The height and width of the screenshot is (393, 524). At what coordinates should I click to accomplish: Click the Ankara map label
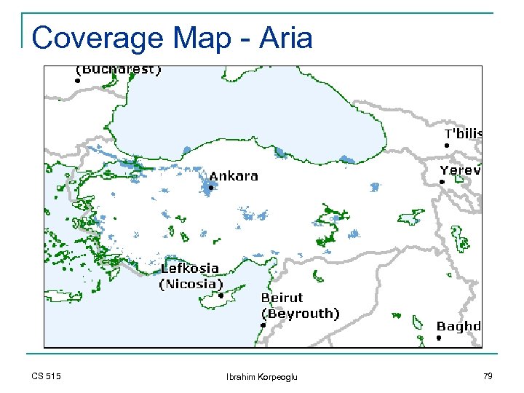tap(234, 176)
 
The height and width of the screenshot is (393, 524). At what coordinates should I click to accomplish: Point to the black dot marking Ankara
tap(210, 188)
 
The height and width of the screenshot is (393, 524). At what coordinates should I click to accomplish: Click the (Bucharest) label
tap(119, 71)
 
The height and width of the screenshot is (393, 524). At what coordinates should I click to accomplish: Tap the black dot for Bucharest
tap(76, 82)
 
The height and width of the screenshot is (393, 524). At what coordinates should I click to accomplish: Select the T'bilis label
tap(463, 134)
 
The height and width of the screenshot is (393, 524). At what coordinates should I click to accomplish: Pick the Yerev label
tap(460, 170)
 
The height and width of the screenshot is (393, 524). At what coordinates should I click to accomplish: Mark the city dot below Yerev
tap(442, 182)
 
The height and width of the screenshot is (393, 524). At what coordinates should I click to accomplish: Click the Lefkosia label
tap(189, 269)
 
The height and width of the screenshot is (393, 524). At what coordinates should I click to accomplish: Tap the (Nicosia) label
tap(191, 284)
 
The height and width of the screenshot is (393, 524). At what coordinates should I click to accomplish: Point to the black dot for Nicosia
tap(221, 295)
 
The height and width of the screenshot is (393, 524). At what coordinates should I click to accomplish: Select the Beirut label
tap(282, 298)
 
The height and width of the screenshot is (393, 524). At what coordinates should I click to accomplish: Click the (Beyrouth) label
tap(300, 314)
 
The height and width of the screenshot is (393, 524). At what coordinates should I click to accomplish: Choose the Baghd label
tap(458, 326)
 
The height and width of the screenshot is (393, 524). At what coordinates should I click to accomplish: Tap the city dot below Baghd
tap(439, 338)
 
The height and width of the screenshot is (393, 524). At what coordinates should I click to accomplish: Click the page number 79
tap(487, 376)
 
